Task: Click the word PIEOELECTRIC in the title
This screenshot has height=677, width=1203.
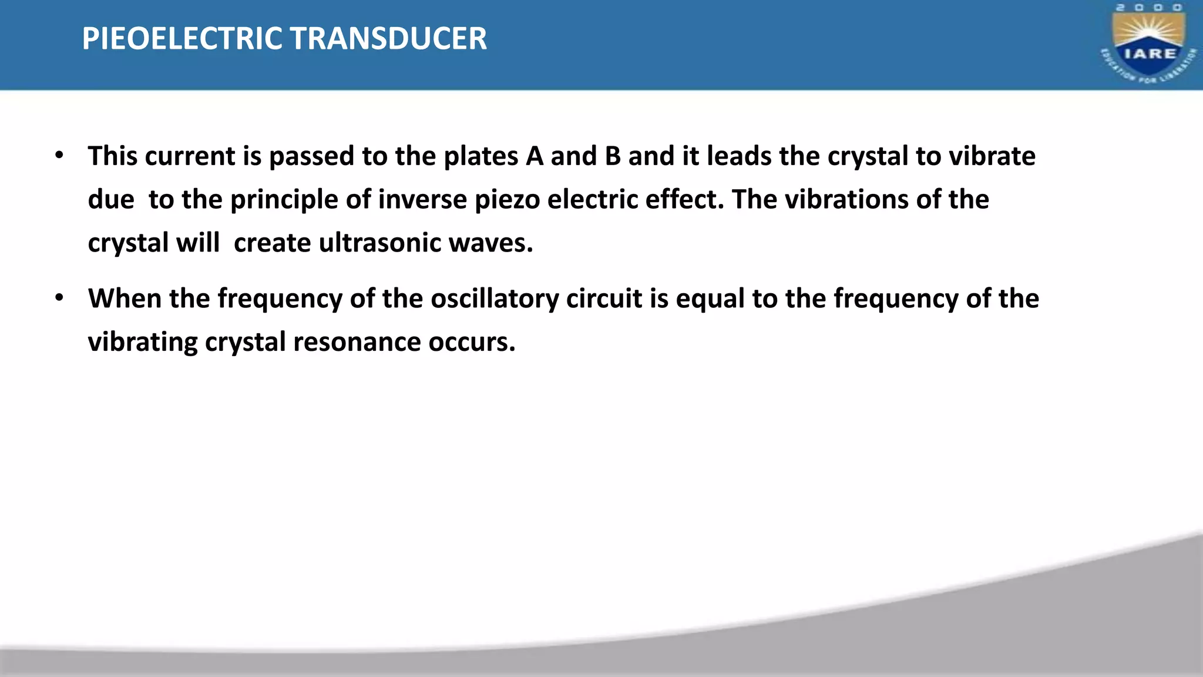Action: [x=182, y=39]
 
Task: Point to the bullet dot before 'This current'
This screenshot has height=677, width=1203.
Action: [x=59, y=156]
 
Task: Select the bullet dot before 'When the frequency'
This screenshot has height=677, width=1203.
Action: [x=59, y=298]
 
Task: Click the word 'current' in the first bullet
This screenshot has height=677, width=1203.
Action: [x=190, y=156]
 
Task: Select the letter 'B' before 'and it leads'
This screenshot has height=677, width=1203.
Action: [x=613, y=156]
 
